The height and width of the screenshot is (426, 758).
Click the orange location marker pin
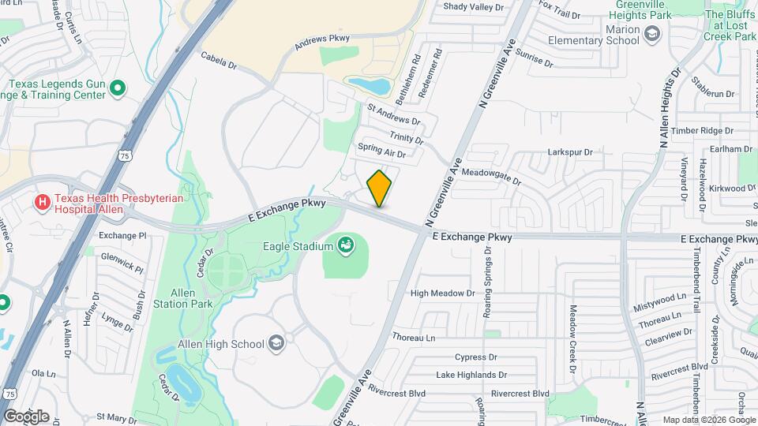[379, 189]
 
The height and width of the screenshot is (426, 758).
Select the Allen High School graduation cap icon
[276, 343]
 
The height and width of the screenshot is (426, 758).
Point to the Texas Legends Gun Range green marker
[118, 88]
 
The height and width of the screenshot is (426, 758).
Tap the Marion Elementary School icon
[652, 33]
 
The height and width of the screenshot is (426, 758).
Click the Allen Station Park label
[182, 298]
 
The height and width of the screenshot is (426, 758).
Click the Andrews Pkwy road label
[321, 42]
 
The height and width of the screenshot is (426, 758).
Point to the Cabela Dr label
[219, 57]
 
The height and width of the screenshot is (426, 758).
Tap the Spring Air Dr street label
[381, 150]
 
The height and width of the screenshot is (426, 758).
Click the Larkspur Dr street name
[569, 151]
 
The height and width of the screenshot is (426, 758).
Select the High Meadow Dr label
[442, 293]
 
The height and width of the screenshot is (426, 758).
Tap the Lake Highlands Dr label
[471, 375]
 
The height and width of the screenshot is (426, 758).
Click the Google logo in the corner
[26, 416]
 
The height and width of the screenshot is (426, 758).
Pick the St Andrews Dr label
[394, 114]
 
